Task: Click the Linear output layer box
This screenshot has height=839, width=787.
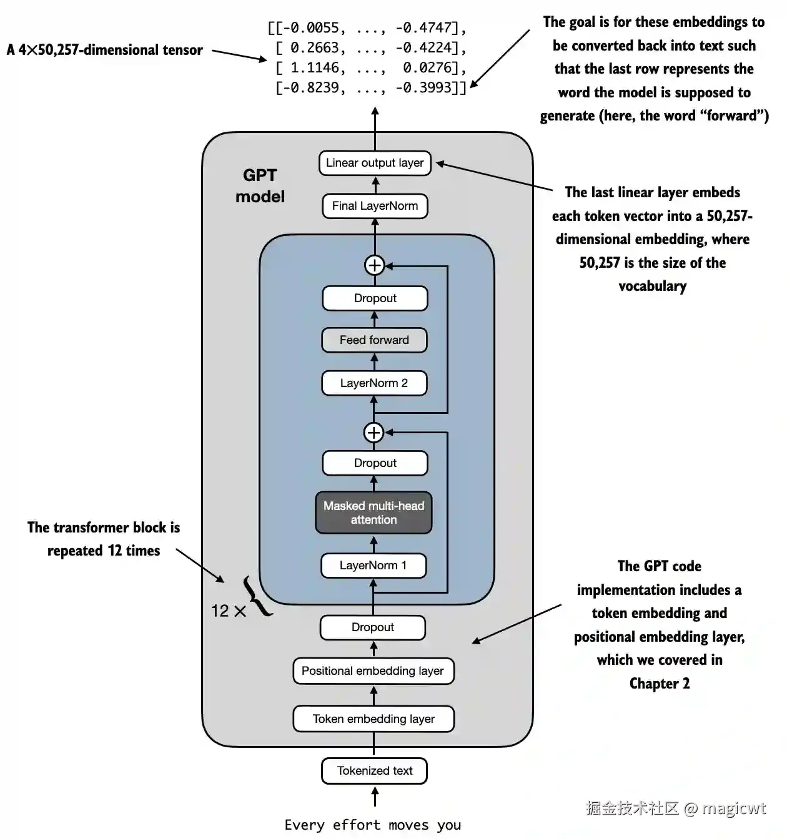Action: [375, 164]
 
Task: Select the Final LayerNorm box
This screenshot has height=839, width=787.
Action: [375, 206]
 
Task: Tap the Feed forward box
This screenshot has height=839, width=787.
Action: [374, 340]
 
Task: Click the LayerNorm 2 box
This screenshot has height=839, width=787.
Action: [374, 383]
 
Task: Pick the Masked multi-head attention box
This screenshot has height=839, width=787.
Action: [374, 513]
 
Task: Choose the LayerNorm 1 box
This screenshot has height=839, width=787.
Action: [374, 566]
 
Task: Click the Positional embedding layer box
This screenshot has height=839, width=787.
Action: [373, 671]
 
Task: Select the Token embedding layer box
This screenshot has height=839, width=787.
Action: [374, 719]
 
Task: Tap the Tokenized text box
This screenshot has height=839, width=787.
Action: [374, 771]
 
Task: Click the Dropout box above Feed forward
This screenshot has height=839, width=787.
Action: [375, 298]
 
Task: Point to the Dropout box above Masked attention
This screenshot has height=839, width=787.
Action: [375, 463]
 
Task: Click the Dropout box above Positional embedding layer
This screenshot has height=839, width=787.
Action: [373, 627]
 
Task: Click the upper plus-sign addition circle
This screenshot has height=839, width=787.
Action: [374, 265]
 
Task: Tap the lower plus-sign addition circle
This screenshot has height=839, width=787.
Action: [374, 432]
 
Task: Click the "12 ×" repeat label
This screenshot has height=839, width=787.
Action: [228, 611]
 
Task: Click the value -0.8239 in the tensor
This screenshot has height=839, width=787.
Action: [315, 88]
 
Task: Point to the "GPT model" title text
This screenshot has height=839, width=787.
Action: [260, 186]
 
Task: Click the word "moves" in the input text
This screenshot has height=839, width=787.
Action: [408, 825]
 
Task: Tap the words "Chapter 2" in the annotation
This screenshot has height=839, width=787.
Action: [660, 684]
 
